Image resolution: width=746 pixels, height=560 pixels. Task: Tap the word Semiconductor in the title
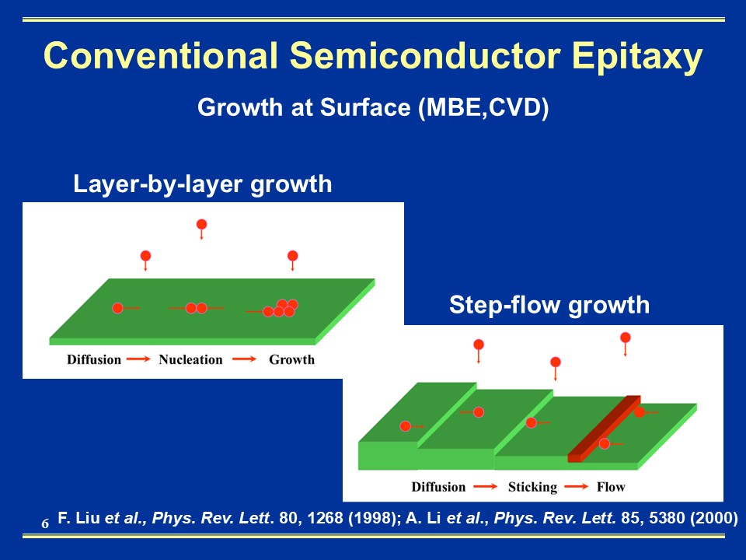point(425,55)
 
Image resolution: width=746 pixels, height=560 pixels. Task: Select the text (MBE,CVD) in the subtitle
point(483,107)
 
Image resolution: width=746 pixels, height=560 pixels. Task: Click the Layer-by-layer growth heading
point(202,184)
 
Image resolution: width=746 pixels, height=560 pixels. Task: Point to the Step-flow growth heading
point(549,305)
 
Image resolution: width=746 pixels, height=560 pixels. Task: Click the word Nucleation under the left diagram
point(190,359)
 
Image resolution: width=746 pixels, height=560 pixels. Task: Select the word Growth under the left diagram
point(291,359)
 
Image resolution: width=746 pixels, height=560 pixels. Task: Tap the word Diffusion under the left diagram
point(94,359)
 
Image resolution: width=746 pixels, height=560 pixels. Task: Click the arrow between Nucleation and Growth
point(245,359)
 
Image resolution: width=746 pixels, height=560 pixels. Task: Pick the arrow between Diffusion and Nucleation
point(139,359)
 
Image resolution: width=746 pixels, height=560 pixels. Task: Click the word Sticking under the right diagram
point(532,487)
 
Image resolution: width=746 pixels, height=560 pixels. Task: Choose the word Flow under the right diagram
point(611,487)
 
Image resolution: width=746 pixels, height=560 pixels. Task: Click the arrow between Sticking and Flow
point(576,487)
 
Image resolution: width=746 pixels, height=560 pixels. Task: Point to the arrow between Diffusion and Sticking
point(485,487)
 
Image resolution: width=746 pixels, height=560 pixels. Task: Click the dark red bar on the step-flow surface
point(605,429)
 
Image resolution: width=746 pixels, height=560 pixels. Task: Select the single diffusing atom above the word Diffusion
point(117,308)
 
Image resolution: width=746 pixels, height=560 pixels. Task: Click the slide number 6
point(45,523)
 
